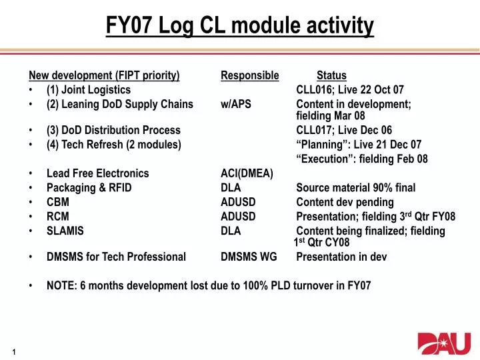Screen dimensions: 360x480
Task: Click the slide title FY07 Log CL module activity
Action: tap(240, 26)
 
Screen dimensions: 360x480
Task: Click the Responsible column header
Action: tap(249, 75)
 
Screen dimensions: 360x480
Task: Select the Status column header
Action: tap(331, 75)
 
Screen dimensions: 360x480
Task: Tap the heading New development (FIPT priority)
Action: tap(104, 75)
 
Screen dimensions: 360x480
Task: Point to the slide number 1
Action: tap(14, 351)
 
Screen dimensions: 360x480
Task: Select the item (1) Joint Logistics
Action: tap(89, 90)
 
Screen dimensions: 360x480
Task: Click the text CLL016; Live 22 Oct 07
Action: tap(349, 90)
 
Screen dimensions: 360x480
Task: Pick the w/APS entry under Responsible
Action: tap(236, 104)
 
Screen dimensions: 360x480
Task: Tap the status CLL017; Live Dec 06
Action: tap(344, 130)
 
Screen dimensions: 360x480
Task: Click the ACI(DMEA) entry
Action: tap(247, 173)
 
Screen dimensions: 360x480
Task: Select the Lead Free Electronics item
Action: tap(98, 173)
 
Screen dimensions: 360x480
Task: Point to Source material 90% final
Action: tap(355, 188)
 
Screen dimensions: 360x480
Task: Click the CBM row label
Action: tap(57, 202)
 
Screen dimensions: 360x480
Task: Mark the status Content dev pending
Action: tap(345, 202)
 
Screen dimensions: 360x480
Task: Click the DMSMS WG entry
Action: tap(249, 257)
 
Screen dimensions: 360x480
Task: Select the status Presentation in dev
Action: tap(341, 257)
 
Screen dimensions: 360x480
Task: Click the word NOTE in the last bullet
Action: tap(61, 285)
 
